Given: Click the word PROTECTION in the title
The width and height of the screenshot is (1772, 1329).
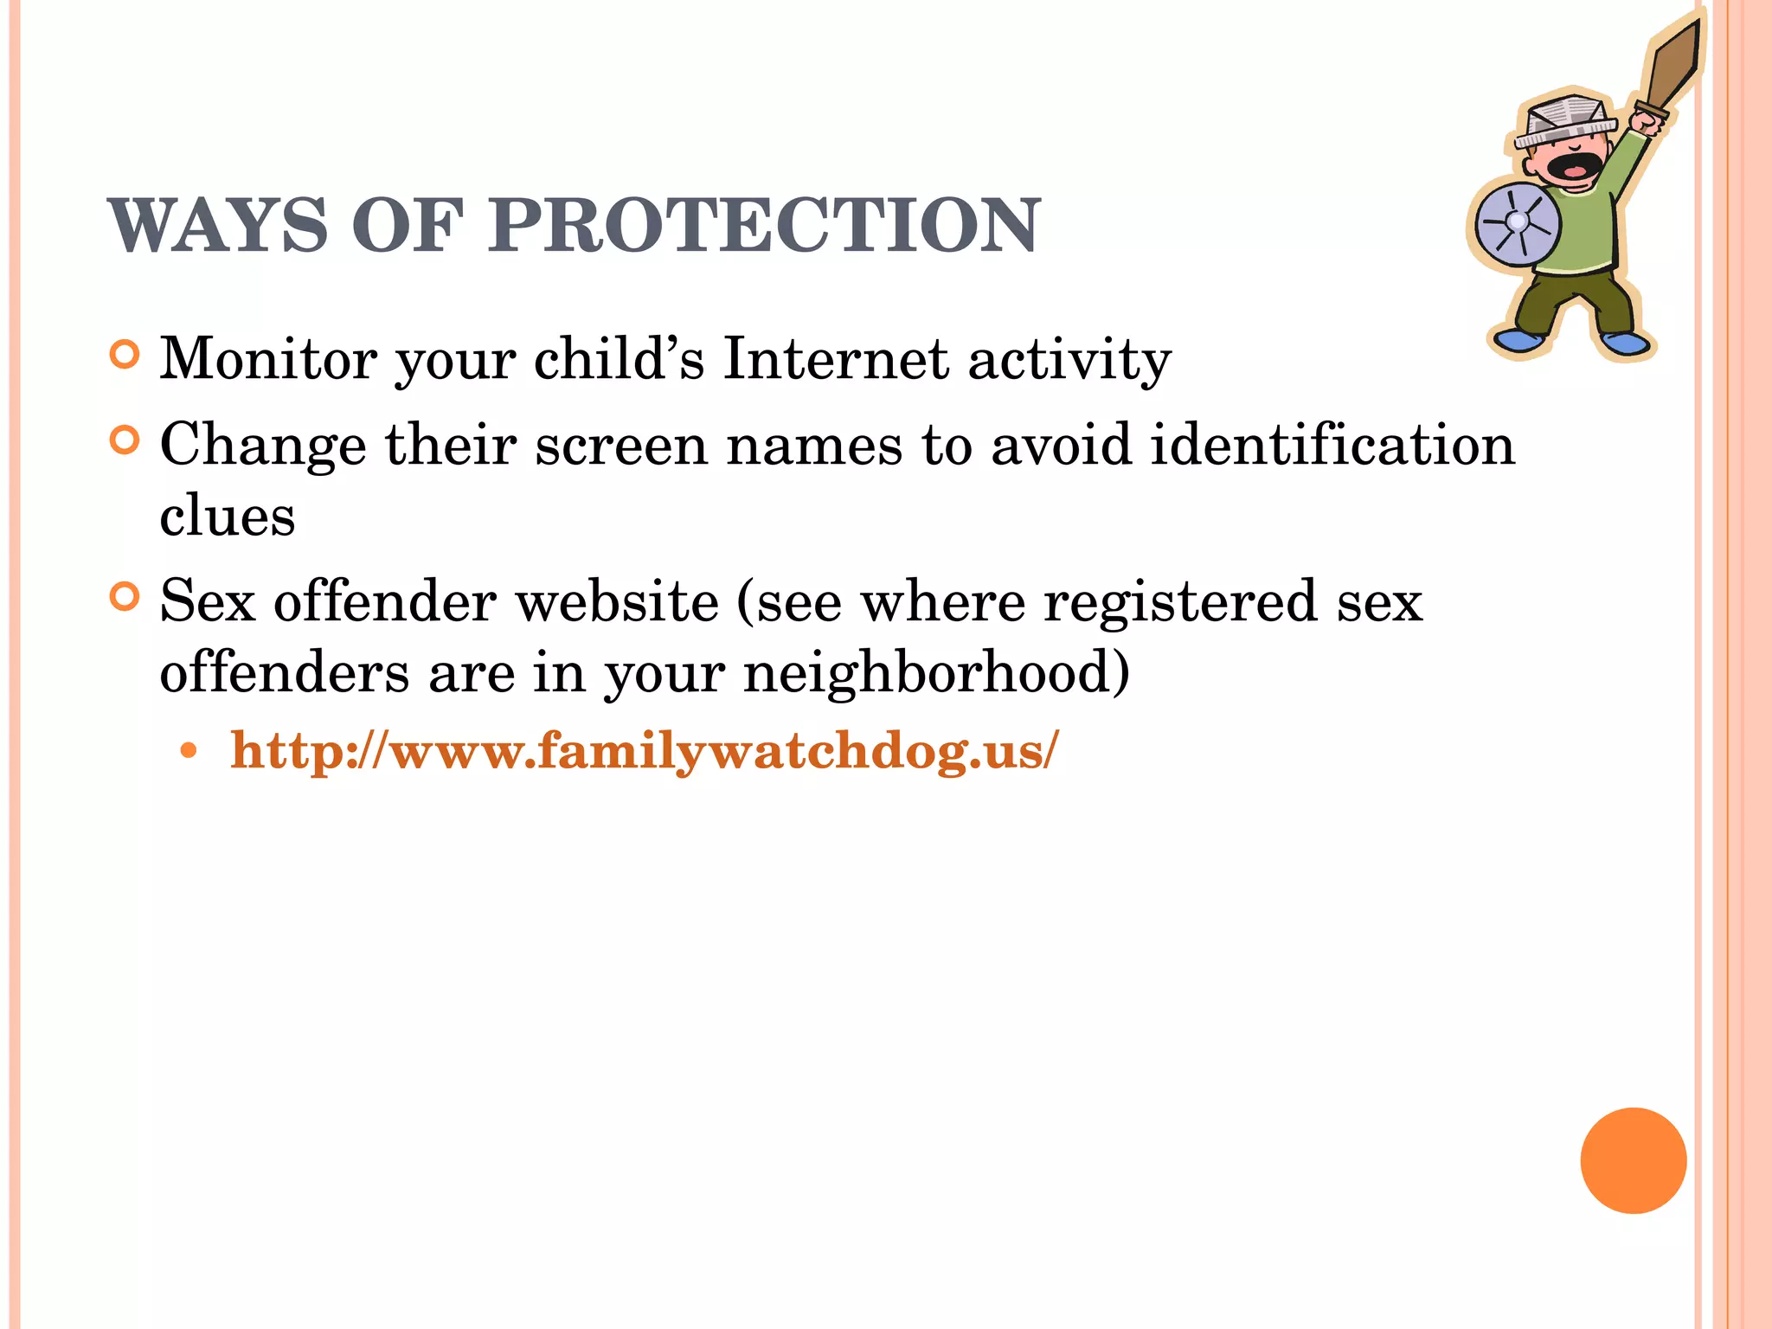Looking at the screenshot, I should coord(764,226).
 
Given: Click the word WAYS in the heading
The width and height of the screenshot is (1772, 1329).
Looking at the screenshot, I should coord(218,226).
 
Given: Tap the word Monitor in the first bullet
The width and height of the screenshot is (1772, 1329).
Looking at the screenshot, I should coord(268,358).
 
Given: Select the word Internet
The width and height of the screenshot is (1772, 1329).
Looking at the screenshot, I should coord(836,358).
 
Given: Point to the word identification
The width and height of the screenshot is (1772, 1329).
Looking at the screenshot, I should coord(1332,445).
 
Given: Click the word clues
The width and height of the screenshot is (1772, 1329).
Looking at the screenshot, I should coord(228,517).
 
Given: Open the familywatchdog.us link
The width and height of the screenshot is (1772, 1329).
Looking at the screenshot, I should coord(644,750).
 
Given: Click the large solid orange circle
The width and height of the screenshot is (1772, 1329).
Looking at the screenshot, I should coord(1633,1160).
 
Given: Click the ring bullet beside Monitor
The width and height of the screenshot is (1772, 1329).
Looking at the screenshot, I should coord(125,355).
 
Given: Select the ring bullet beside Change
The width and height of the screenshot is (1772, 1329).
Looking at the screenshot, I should coord(125,440).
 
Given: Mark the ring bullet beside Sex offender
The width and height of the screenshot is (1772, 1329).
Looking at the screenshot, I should coord(125,597).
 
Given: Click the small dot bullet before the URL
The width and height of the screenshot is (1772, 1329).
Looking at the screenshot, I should coord(188,750).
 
